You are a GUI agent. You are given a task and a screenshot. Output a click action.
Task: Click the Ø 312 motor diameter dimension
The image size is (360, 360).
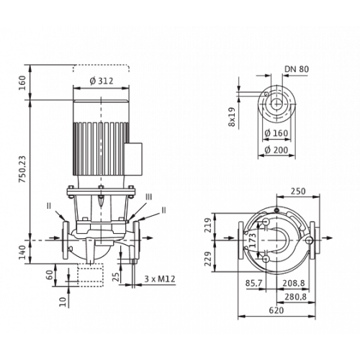click(x=102, y=81)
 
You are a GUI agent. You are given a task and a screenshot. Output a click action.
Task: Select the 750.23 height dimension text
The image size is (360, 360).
click(x=22, y=169)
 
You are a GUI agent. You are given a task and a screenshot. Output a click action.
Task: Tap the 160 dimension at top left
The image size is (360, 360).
click(x=22, y=83)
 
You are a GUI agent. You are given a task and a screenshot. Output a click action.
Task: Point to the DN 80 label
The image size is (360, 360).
click(x=297, y=69)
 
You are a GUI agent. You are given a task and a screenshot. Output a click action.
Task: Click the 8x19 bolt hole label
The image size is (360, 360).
click(x=232, y=117)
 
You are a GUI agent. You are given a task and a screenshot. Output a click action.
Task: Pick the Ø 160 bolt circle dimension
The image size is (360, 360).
click(x=276, y=133)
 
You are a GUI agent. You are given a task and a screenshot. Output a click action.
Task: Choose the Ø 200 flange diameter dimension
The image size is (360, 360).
click(x=276, y=150)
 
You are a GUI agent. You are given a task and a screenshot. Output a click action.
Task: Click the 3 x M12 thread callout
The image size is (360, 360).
click(x=160, y=279)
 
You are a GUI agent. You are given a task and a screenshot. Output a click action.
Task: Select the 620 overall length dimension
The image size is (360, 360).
click(x=276, y=310)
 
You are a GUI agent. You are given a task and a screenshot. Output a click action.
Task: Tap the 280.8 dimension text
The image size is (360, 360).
click(x=296, y=297)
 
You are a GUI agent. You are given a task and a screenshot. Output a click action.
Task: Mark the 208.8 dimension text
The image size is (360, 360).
click(x=294, y=284)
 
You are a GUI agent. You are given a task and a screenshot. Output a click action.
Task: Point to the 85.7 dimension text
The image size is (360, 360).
click(x=253, y=284)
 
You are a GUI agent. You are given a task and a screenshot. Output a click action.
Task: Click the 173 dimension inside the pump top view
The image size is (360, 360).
click(x=253, y=240)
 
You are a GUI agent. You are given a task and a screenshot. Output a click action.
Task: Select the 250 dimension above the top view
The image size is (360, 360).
click(x=298, y=192)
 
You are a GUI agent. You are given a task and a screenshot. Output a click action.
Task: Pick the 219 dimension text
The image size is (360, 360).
click(x=208, y=225)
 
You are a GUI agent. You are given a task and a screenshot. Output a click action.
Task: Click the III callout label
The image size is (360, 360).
click(x=149, y=197)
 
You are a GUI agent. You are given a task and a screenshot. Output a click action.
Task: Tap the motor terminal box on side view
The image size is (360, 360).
click(x=133, y=159)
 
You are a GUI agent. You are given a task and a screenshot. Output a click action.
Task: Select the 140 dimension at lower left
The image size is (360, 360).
click(x=22, y=252)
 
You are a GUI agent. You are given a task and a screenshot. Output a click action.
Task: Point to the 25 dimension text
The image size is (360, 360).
click(x=116, y=276)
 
